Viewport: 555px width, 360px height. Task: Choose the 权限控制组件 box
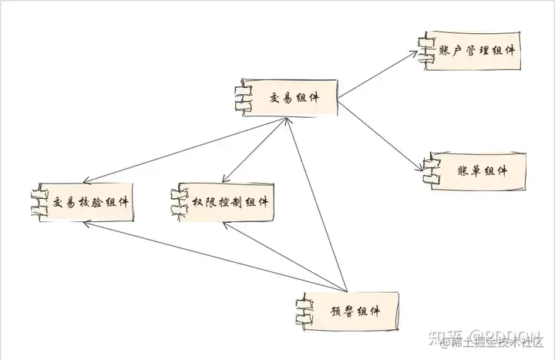tap(228, 202)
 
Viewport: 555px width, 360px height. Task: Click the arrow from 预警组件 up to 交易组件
tap(316, 208)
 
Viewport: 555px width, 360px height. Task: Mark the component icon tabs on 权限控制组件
tap(177, 202)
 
